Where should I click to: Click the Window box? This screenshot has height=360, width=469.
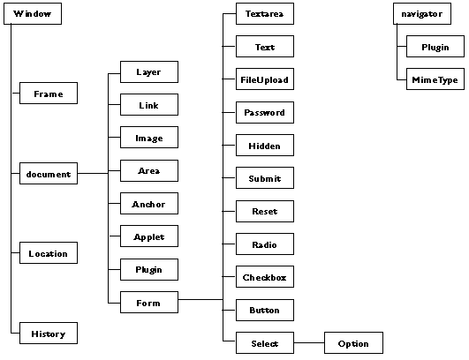(x=33, y=14)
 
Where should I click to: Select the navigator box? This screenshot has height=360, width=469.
(x=422, y=14)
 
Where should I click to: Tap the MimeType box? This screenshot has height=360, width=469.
(x=435, y=79)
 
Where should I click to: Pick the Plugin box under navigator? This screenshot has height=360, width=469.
(x=435, y=46)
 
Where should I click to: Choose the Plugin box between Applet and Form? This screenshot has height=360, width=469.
(x=149, y=269)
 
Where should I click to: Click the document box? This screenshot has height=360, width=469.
(x=49, y=173)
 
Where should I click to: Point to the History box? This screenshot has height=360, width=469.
(x=49, y=333)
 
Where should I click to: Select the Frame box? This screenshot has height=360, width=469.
(x=49, y=94)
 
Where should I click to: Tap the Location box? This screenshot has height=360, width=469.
(x=49, y=252)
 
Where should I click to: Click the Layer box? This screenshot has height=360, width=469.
(x=149, y=72)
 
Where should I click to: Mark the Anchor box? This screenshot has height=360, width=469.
(x=149, y=204)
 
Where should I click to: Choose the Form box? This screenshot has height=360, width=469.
(x=149, y=303)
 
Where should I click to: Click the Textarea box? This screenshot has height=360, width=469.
(x=265, y=14)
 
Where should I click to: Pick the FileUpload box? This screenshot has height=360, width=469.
(x=265, y=79)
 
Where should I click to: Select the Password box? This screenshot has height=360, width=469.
(x=265, y=112)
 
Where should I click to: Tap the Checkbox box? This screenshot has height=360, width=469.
(x=265, y=277)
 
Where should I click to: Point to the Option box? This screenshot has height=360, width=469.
(x=353, y=342)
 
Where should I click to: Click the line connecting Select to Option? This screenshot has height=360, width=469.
(x=309, y=342)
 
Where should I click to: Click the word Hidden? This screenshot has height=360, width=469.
(x=264, y=146)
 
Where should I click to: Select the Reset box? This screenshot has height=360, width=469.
(x=265, y=211)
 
